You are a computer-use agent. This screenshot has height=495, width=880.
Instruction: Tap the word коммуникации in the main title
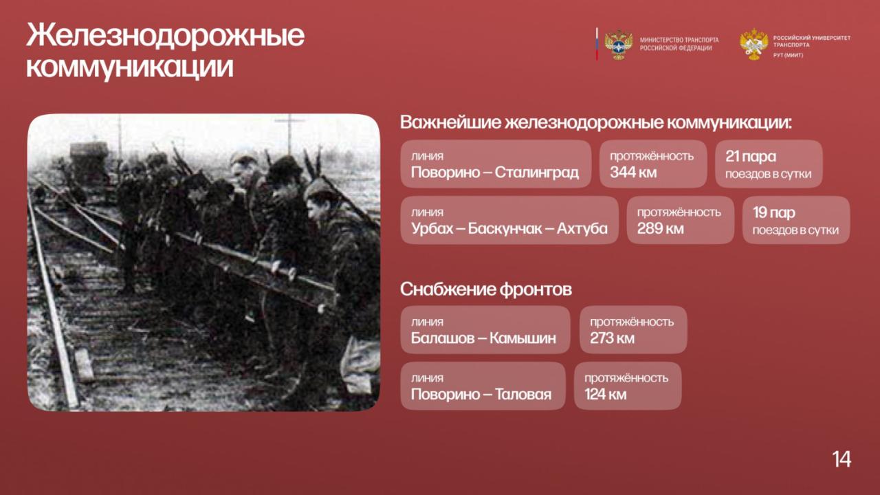point(130,67)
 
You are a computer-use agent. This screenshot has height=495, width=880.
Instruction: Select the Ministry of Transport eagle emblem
point(618,45)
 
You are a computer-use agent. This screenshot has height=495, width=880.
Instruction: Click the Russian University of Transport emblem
point(753,44)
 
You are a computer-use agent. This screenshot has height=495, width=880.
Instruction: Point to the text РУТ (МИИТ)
point(788,56)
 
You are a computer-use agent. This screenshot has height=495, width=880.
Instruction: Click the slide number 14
point(841,459)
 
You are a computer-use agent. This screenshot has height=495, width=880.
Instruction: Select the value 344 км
point(633,172)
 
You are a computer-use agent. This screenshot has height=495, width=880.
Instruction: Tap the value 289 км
point(661,228)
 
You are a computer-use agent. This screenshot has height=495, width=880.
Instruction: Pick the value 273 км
point(612,338)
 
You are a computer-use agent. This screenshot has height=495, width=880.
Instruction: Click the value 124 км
point(606,394)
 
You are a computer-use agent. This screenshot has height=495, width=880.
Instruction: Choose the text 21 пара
point(751,156)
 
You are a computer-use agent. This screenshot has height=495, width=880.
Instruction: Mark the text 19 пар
point(774,212)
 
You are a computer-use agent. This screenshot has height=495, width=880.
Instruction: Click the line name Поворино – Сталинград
point(494,173)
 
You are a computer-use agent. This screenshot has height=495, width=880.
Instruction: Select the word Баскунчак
point(505,228)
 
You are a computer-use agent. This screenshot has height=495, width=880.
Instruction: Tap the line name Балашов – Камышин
point(483,338)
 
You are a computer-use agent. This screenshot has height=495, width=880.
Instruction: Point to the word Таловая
point(523,394)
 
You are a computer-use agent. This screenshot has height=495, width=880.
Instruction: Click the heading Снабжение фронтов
point(486,289)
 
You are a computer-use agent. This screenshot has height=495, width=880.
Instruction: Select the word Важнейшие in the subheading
point(451,122)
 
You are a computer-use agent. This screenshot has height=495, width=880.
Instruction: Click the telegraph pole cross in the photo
point(290,120)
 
